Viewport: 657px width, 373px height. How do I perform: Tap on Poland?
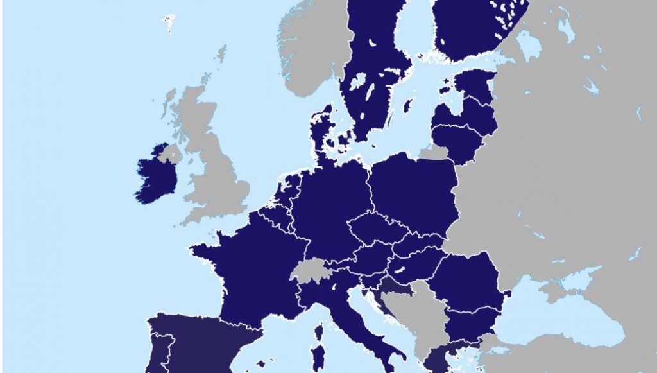tap(414, 193)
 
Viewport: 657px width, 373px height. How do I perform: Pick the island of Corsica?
tap(318, 334)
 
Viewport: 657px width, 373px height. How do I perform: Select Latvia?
tap(468, 116)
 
